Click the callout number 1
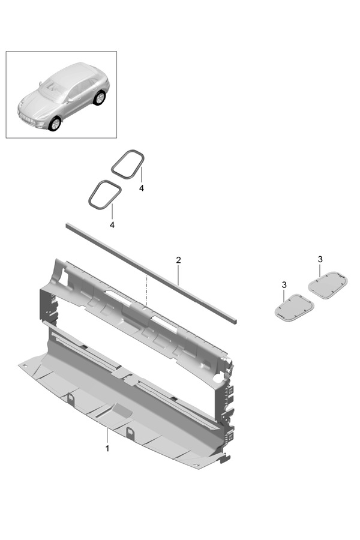(x=107, y=449)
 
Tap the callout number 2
(x=178, y=260)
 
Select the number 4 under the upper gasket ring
(x=141, y=188)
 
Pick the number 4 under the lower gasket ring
(x=112, y=225)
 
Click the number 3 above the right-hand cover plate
(x=320, y=259)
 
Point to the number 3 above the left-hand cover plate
(x=284, y=285)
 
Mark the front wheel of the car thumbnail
(x=55, y=124)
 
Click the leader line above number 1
(x=107, y=436)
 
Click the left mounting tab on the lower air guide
(x=71, y=398)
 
